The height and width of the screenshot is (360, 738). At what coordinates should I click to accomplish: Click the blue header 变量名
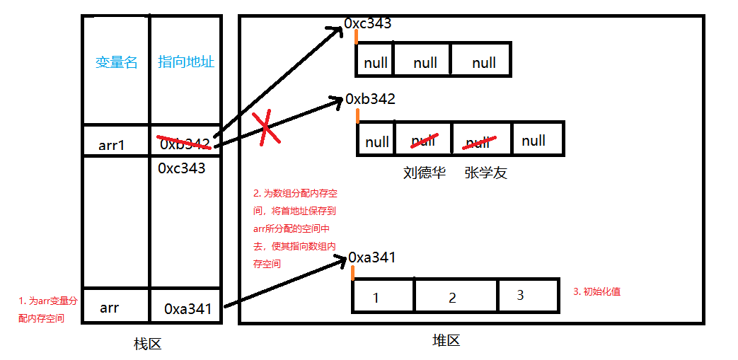click(x=117, y=62)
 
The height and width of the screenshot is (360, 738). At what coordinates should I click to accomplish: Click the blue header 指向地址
click(x=186, y=62)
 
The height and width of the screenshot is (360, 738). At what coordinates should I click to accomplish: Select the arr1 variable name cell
click(x=112, y=146)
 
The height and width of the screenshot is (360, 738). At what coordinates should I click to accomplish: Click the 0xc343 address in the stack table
click(x=182, y=168)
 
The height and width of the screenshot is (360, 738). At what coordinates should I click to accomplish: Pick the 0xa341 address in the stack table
click(x=188, y=308)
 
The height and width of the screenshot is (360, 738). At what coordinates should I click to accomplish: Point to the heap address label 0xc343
click(x=368, y=24)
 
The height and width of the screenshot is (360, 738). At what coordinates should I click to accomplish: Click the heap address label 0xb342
click(x=371, y=99)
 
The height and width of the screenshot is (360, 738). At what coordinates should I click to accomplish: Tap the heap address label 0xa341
click(x=372, y=257)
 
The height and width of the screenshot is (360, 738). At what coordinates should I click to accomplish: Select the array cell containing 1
click(x=376, y=297)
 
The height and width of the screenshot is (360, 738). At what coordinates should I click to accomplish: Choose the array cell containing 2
click(x=453, y=297)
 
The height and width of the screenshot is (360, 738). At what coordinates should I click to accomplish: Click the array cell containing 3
click(x=520, y=296)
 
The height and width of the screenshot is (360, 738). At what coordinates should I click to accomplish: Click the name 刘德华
click(x=425, y=173)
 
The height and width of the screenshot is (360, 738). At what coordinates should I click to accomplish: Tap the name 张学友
click(x=486, y=173)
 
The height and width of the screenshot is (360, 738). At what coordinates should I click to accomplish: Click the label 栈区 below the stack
click(x=148, y=344)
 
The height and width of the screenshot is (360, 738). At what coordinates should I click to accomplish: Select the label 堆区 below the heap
click(x=446, y=340)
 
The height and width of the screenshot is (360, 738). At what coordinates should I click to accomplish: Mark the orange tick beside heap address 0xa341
click(x=352, y=271)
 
